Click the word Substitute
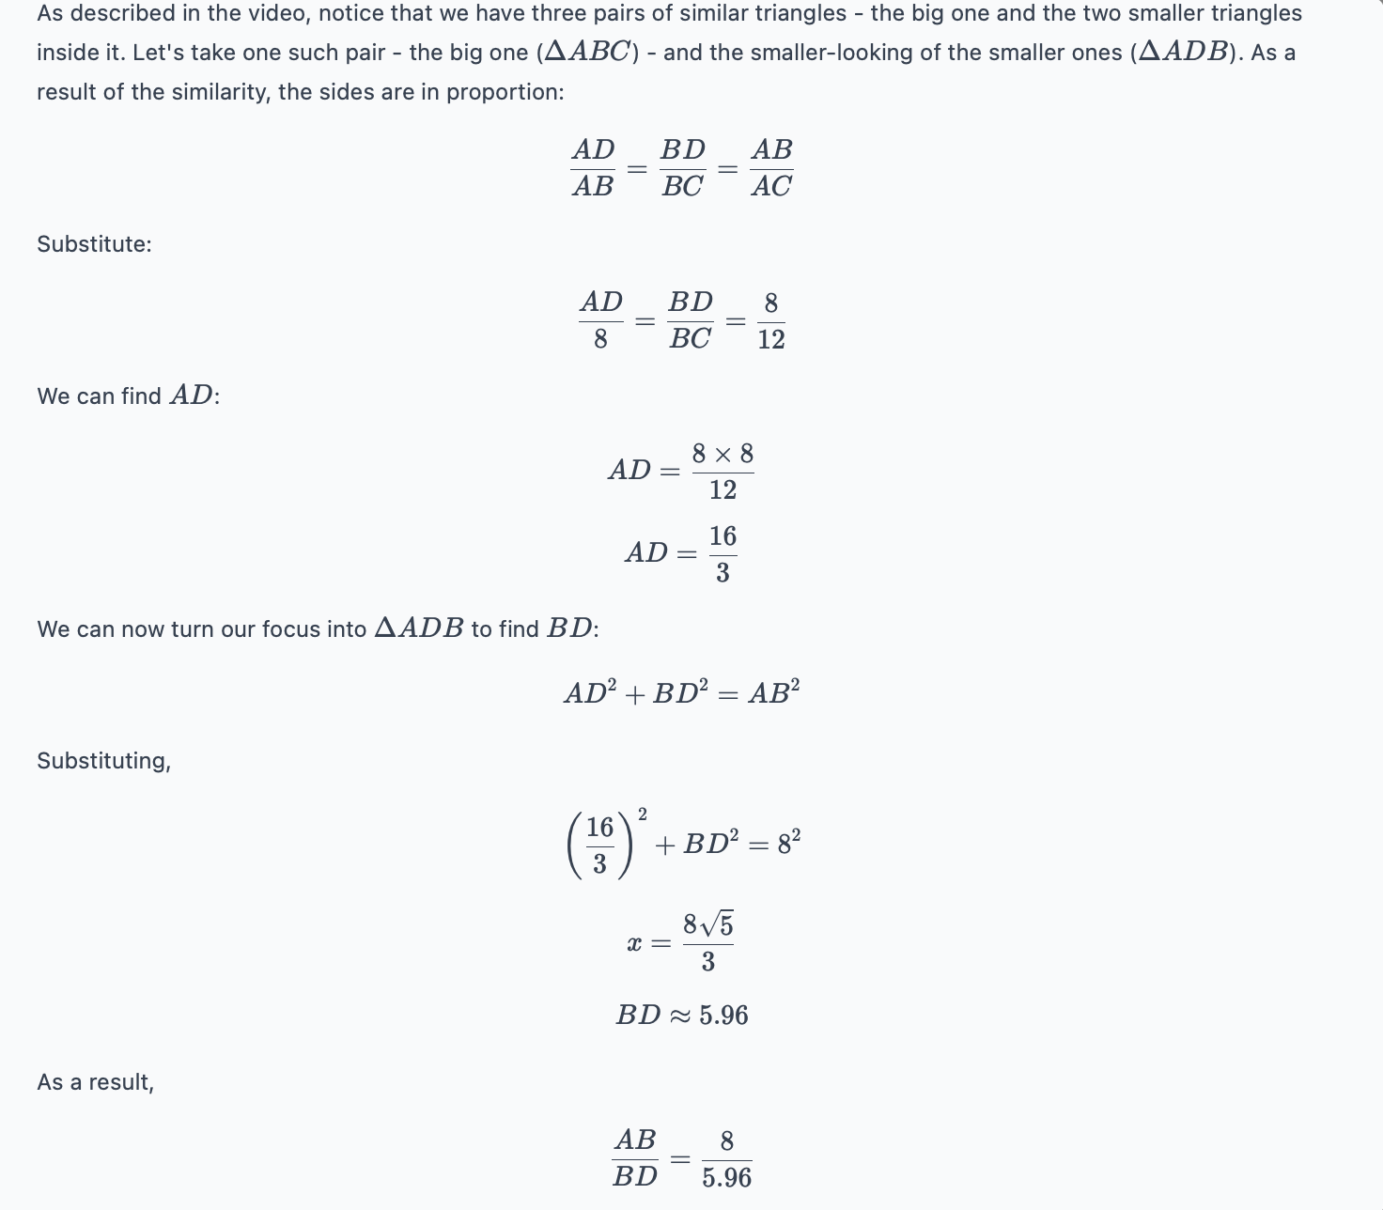[x=94, y=244]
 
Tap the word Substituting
[x=103, y=761]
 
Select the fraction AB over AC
[x=771, y=168]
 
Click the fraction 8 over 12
[x=770, y=321]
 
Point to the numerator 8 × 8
[x=723, y=455]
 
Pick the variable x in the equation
[x=634, y=943]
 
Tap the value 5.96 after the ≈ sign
[x=723, y=1016]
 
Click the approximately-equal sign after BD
[x=680, y=1016]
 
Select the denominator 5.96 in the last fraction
[x=726, y=1177]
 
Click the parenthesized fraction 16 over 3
[x=600, y=845]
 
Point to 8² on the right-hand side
[x=788, y=842]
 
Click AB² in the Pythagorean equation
[x=773, y=693]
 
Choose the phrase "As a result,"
[x=95, y=1082]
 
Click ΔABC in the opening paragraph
[x=587, y=53]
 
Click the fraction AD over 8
[x=601, y=321]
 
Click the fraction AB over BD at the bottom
[x=635, y=1158]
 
